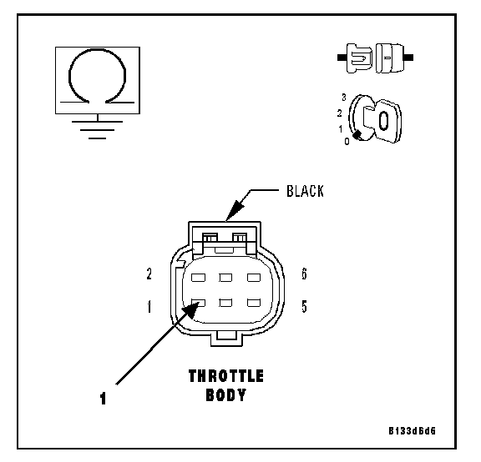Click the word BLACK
click(305, 191)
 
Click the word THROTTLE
click(226, 376)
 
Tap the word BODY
click(226, 395)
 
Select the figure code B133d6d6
click(412, 431)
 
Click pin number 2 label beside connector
click(149, 274)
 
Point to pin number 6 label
click(304, 274)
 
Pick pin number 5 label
click(304, 306)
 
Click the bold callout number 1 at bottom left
click(103, 399)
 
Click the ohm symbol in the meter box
click(97, 77)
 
